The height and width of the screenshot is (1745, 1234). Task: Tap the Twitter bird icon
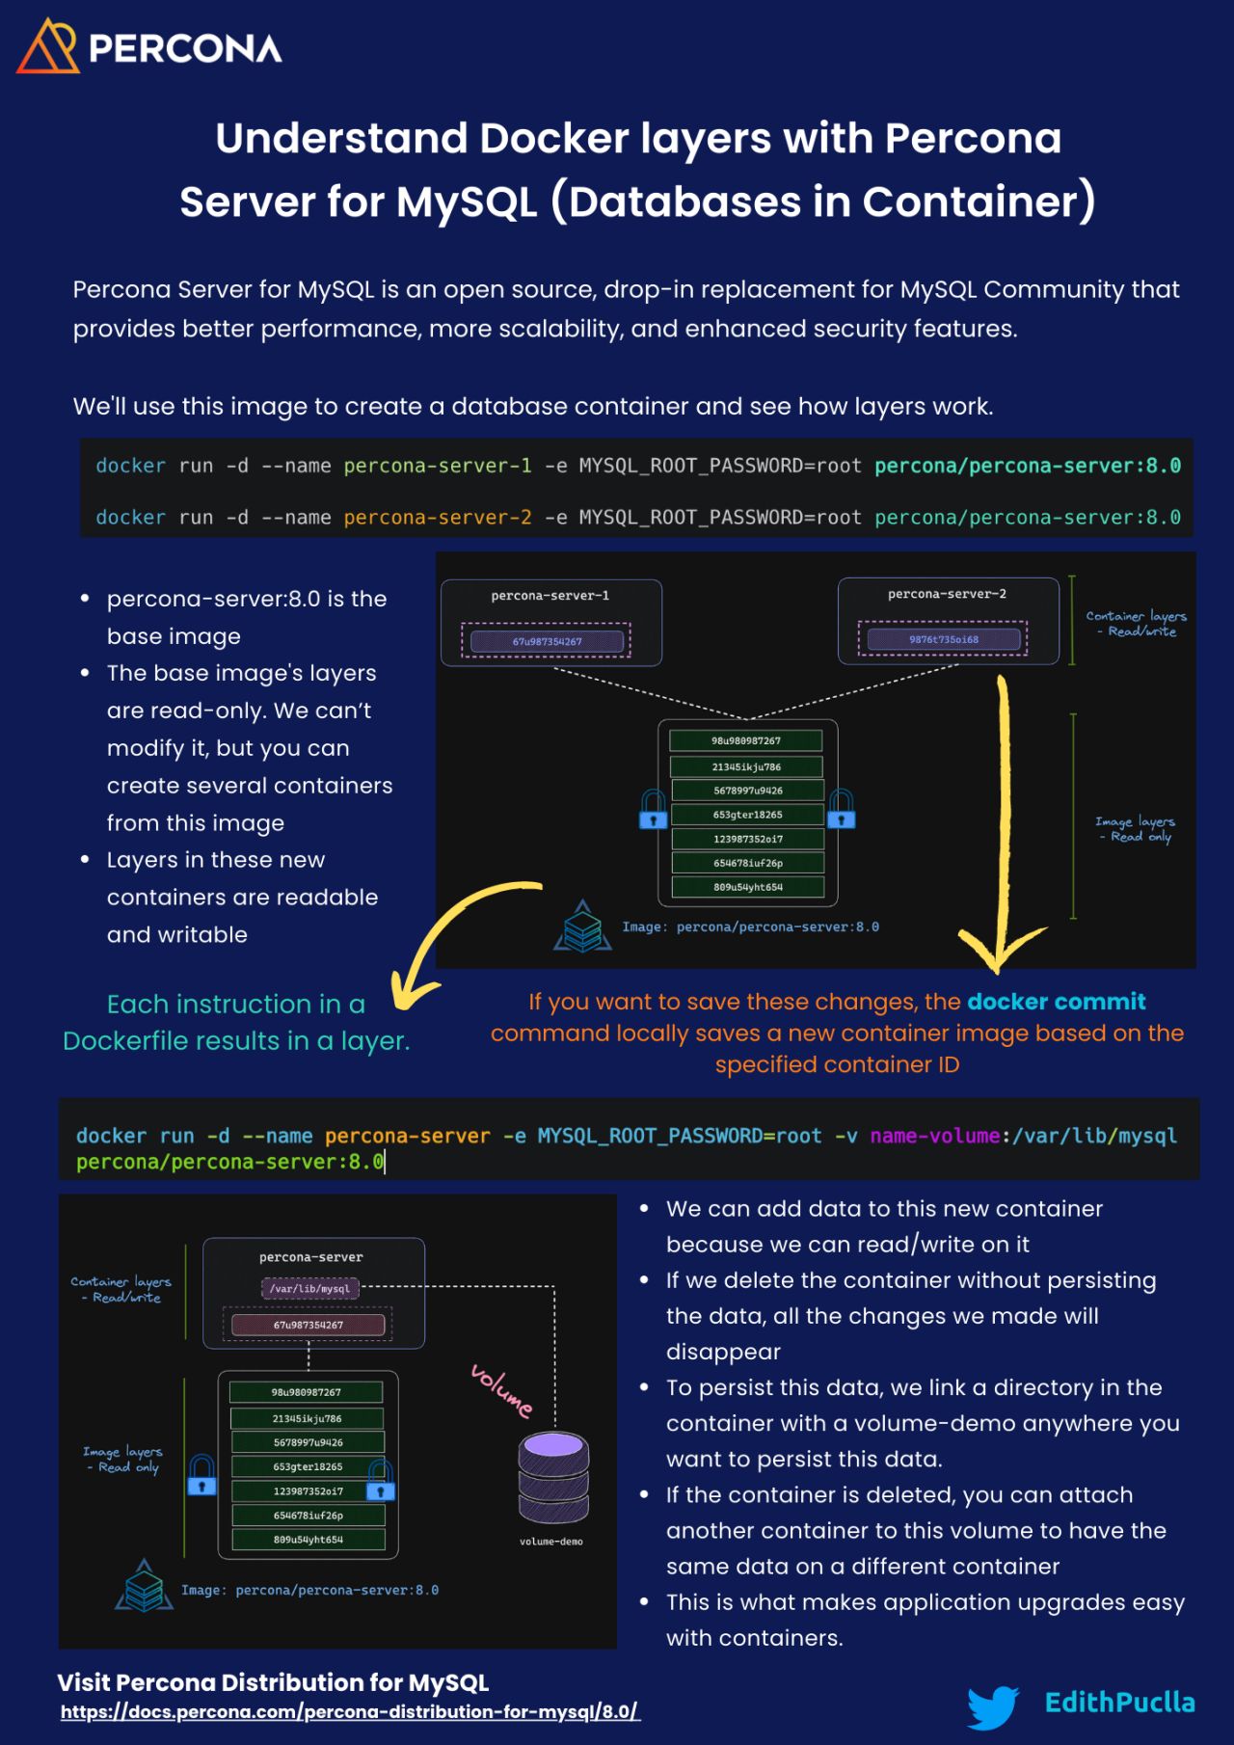[993, 1706]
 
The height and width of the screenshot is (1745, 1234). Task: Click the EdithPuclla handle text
[1119, 1703]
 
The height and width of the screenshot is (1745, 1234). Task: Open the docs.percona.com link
[349, 1712]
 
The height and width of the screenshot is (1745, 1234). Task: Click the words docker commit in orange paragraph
[1056, 1002]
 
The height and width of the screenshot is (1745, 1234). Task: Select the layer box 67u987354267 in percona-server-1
[547, 641]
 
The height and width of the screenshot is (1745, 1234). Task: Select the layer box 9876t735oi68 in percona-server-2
[943, 639]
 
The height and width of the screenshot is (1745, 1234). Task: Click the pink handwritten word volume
[501, 1390]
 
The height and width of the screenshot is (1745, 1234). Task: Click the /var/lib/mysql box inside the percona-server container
[310, 1288]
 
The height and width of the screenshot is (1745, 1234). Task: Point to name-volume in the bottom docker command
[934, 1136]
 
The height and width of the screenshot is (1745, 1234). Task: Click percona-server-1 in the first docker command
[437, 466]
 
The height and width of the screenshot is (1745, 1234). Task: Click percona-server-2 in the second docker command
[437, 518]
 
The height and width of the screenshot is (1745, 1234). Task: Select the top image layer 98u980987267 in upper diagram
[746, 740]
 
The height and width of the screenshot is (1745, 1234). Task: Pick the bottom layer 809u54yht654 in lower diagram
[308, 1540]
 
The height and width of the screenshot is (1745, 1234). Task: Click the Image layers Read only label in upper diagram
[1135, 829]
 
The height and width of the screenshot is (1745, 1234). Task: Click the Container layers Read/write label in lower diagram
[121, 1289]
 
